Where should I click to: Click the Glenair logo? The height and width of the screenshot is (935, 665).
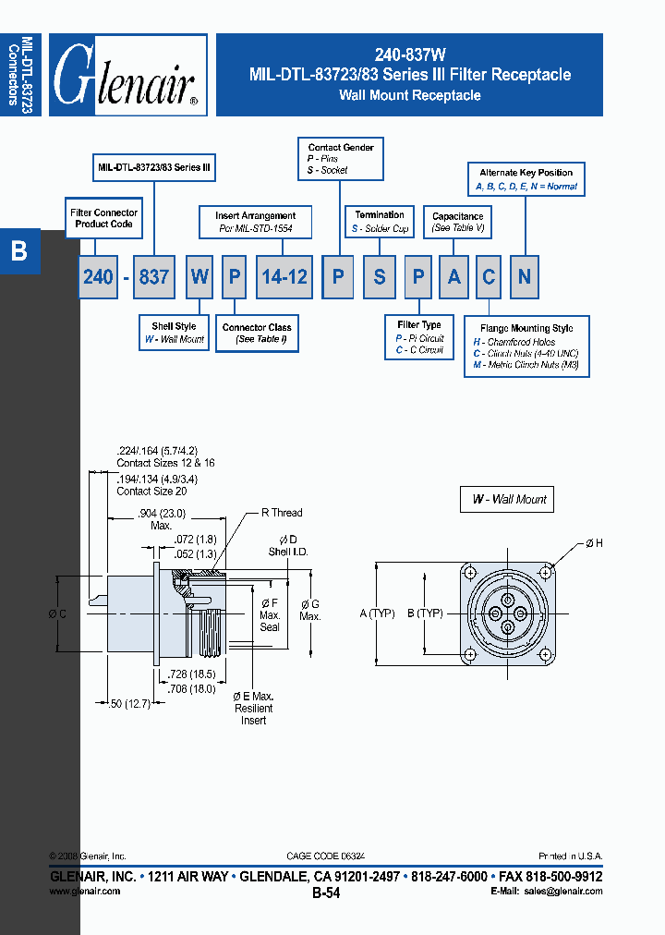[x=127, y=75]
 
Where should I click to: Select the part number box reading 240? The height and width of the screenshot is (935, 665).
[x=98, y=276]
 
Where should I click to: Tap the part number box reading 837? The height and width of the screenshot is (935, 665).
[x=153, y=276]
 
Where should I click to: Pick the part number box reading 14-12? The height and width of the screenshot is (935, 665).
[x=284, y=276]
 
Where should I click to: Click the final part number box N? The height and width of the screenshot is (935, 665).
[x=525, y=276]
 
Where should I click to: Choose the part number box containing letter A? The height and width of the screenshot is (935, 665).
[x=453, y=276]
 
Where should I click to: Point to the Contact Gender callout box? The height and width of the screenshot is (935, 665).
[x=341, y=158]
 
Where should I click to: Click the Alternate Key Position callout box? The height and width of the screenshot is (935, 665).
[x=526, y=179]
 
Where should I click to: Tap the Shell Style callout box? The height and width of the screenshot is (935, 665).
[x=174, y=334]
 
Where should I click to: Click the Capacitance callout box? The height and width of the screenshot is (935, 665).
[x=458, y=222]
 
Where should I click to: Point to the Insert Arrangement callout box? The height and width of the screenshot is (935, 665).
[x=256, y=222]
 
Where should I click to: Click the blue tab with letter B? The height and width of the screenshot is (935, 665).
[x=19, y=251]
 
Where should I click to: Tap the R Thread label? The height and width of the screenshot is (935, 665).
[x=281, y=513]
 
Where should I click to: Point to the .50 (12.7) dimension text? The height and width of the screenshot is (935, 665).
[x=128, y=704]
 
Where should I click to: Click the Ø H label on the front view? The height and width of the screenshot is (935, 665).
[x=593, y=543]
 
